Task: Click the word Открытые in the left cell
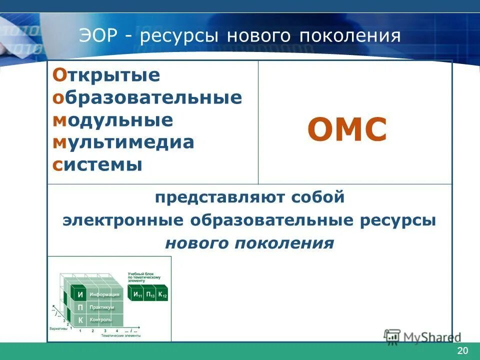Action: click(x=106, y=75)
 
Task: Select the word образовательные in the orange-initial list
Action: click(x=147, y=97)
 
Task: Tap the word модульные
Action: click(x=112, y=120)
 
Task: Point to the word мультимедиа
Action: click(x=122, y=142)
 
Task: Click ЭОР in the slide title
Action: click(x=99, y=36)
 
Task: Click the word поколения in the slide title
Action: click(x=350, y=36)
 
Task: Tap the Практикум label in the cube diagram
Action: click(x=102, y=307)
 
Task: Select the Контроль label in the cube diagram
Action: click(x=100, y=319)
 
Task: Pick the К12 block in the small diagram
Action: click(x=162, y=294)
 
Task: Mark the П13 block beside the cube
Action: click(x=149, y=294)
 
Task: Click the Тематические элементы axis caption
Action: click(x=120, y=336)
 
